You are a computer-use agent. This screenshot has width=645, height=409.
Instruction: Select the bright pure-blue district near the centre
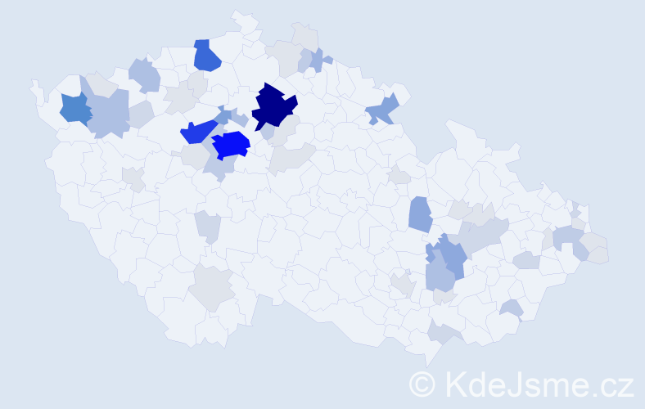click(231, 145)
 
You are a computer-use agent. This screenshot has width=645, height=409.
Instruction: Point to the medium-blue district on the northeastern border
click(382, 110)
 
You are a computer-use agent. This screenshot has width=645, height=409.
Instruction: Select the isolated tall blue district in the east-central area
click(420, 213)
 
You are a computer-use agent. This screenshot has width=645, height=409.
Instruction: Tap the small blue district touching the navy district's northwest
click(223, 115)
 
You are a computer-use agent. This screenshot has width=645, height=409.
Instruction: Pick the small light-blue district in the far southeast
click(512, 308)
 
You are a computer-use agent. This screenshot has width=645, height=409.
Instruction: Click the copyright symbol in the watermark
click(423, 384)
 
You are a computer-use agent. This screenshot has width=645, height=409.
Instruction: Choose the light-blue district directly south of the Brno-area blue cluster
click(440, 276)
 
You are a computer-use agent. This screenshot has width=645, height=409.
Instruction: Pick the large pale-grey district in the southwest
click(212, 287)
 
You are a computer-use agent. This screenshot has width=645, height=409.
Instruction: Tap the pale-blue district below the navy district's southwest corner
click(267, 132)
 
